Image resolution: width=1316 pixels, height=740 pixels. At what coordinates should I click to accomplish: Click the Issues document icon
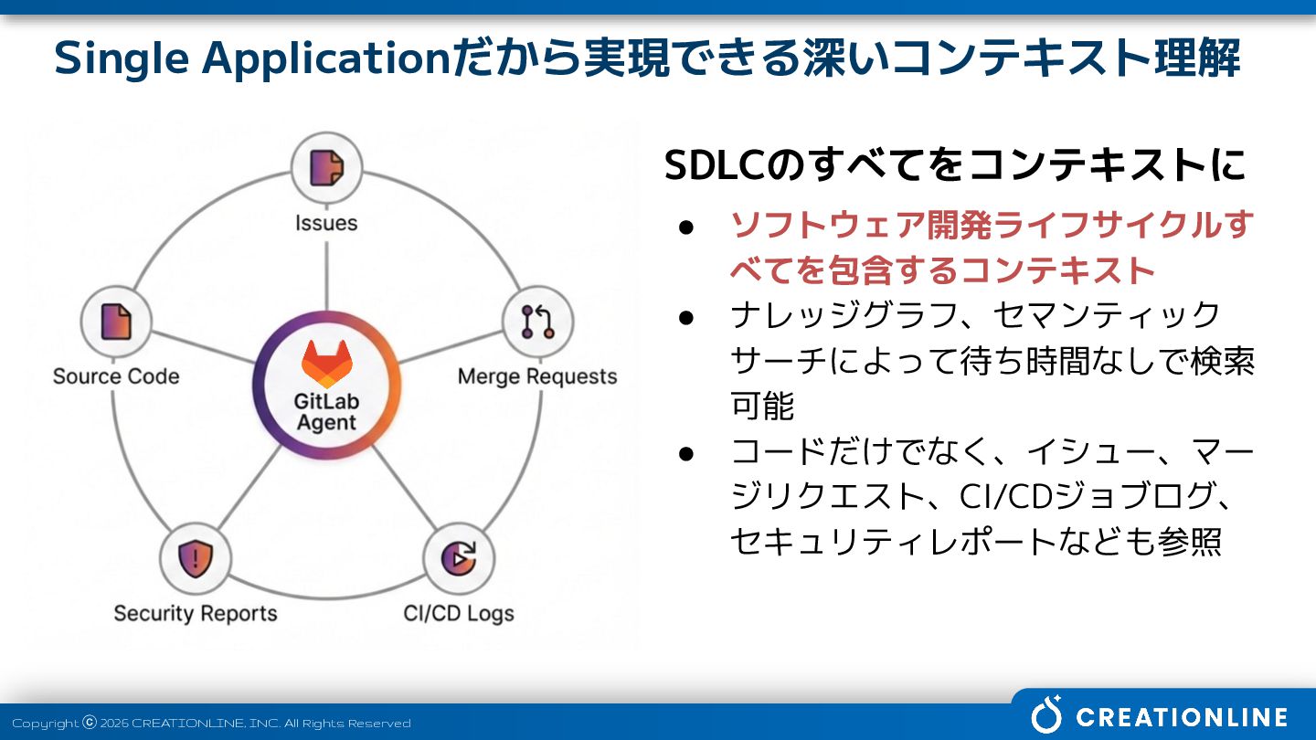(326, 168)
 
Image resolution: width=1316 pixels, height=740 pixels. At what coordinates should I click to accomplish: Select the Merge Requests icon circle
(537, 322)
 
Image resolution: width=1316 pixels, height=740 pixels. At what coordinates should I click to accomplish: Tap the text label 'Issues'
(326, 223)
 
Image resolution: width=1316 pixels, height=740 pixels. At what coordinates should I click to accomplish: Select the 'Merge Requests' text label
(537, 376)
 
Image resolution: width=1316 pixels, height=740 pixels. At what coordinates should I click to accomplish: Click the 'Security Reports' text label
(195, 613)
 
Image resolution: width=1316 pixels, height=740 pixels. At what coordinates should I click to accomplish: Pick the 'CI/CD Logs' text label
(459, 613)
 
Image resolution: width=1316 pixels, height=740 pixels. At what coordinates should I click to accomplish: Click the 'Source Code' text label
(116, 376)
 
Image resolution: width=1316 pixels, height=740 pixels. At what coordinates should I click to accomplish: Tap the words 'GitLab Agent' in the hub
(326, 412)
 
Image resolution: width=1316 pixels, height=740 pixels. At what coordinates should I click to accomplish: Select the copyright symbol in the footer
(90, 722)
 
